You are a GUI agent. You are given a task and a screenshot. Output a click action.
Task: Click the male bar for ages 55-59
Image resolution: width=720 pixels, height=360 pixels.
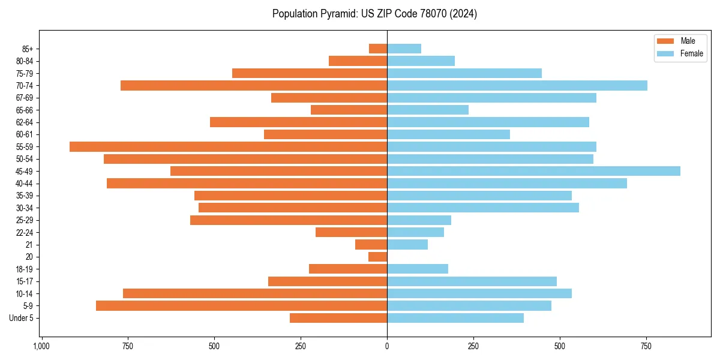point(228,146)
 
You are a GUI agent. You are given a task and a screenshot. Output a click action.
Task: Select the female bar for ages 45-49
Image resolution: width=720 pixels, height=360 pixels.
point(533,171)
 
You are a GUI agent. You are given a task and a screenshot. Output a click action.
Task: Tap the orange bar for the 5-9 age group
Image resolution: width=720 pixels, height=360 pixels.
point(241,305)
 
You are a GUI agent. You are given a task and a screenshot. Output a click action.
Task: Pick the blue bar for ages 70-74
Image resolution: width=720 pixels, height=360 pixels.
point(517,85)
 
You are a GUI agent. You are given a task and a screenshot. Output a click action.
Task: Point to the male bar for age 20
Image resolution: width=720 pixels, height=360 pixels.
point(377,257)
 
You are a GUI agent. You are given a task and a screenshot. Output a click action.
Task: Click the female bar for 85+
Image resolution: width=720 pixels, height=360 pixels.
point(404,49)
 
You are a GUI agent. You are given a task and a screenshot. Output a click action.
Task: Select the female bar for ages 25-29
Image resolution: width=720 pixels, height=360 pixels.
point(419,220)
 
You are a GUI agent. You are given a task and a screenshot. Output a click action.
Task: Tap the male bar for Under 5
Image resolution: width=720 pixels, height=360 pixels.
point(338,318)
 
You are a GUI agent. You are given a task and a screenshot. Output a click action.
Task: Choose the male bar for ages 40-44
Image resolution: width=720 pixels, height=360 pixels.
point(247,183)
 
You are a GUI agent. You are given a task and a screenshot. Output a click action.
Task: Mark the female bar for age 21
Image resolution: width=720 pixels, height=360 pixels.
point(407,245)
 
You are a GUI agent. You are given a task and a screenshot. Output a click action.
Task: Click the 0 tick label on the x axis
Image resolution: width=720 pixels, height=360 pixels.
point(387,346)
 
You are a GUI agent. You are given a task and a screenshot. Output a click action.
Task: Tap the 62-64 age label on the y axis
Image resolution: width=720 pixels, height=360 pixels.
point(25,122)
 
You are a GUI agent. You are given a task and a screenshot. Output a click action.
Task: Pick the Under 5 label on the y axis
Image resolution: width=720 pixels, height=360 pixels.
point(21,318)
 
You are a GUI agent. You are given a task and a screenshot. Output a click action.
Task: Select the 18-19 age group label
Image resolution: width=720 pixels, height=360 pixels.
point(25,269)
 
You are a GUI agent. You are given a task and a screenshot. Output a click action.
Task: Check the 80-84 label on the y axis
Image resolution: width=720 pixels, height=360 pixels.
point(25,61)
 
